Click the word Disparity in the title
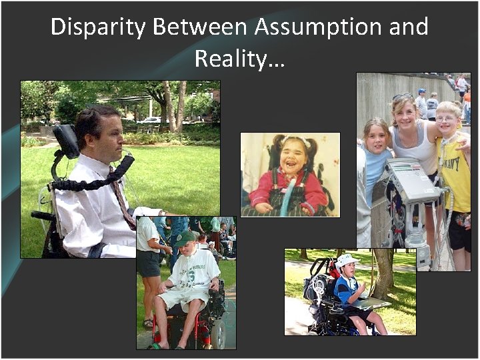pos(97,27)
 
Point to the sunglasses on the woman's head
pos(403,97)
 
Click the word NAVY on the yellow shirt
pos(456,159)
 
